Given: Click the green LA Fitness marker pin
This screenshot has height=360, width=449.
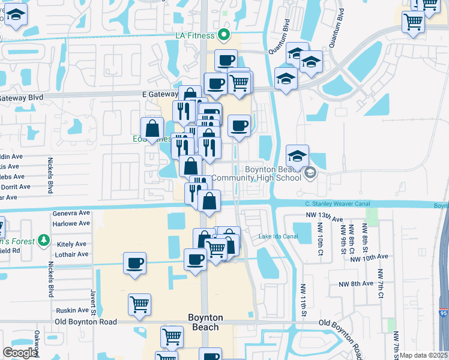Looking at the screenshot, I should click(224, 35).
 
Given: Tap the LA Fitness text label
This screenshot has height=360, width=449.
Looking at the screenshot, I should click(195, 36).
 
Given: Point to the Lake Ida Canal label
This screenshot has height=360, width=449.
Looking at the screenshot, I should click(278, 236).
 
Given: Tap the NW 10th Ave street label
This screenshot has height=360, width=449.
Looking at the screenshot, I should click(369, 257).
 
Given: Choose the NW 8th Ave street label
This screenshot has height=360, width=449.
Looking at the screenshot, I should click(356, 284).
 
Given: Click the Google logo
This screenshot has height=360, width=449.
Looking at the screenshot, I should click(20, 353).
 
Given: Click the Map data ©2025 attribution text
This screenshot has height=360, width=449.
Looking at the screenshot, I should click(423, 355).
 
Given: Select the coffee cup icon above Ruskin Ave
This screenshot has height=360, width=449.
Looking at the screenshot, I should click(134, 263).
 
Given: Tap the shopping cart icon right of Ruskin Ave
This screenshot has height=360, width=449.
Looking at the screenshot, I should click(139, 304).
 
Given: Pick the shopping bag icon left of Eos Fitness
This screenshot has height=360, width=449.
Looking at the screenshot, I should click(152, 128).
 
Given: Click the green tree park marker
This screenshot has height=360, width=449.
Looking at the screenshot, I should click(43, 241).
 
